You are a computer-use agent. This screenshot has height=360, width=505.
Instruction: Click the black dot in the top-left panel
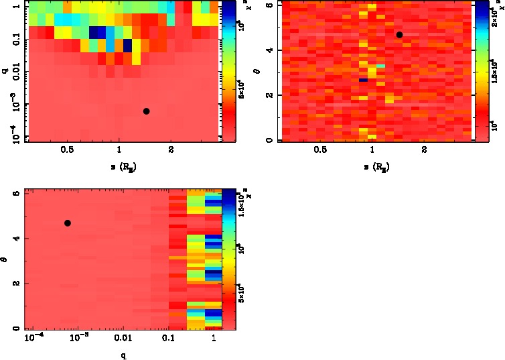pyautogui.click(x=146, y=111)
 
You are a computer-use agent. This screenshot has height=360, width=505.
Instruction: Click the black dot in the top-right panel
pyautogui.click(x=399, y=35)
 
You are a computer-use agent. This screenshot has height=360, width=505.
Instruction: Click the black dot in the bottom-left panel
pyautogui.click(x=68, y=223)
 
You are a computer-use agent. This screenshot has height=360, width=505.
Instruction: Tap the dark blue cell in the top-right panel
pyautogui.click(x=363, y=80)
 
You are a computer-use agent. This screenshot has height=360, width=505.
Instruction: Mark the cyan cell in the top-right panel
pyautogui.click(x=380, y=66)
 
